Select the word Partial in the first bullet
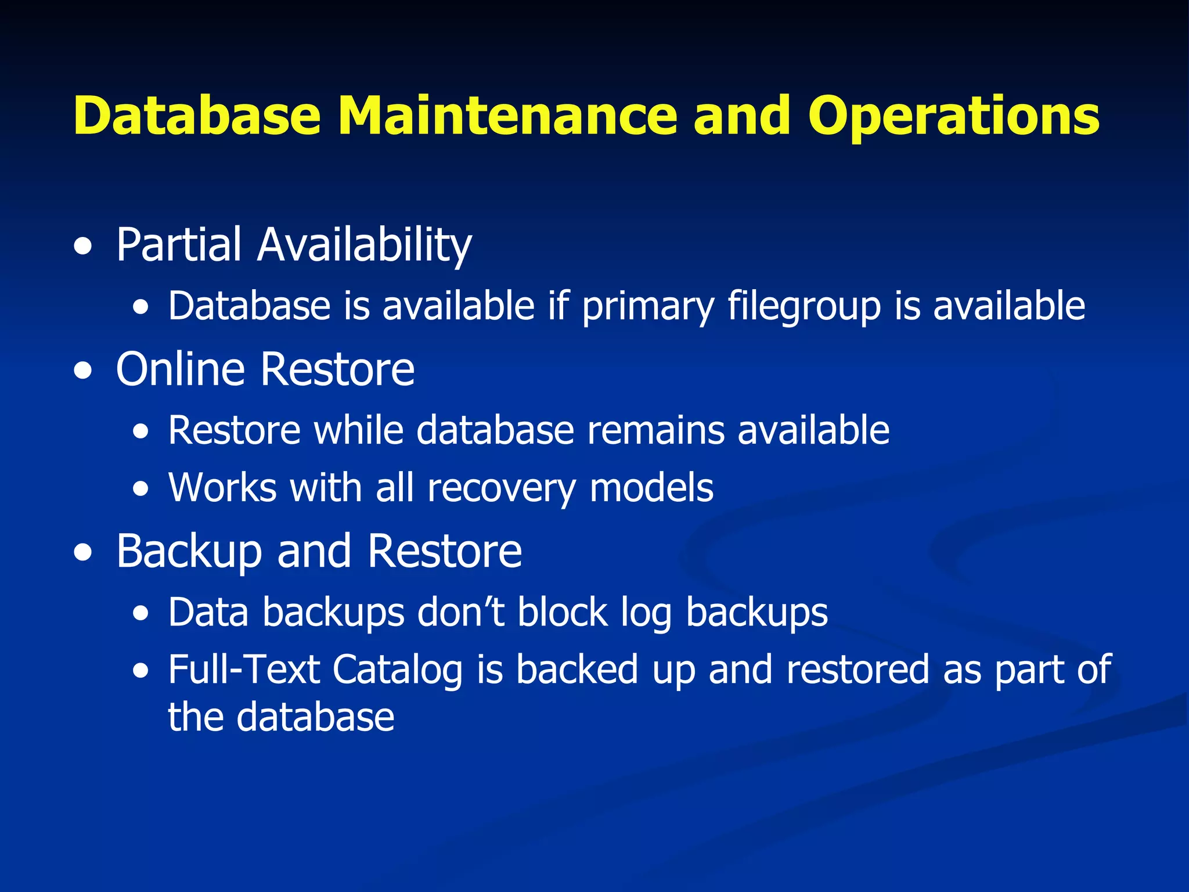coord(178,244)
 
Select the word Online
coord(181,369)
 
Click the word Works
coord(222,487)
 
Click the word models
coord(651,487)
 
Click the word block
coord(562,613)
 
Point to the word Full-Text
coord(244,670)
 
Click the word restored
coord(858,670)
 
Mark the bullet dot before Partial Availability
coord(83,247)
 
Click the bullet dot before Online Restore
coord(83,371)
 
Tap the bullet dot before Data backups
coord(140,614)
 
